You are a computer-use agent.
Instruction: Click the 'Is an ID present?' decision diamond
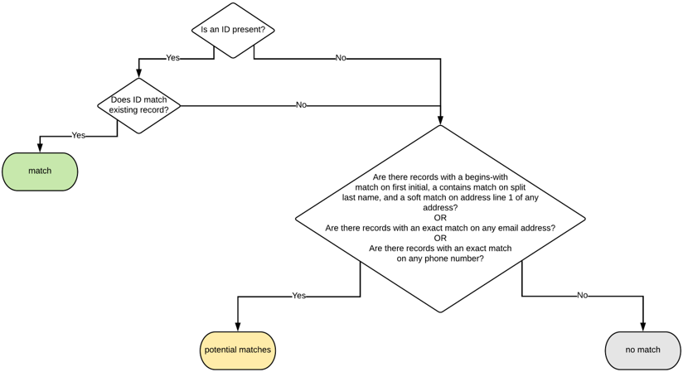[233, 31]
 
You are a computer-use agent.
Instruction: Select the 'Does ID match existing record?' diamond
[139, 105]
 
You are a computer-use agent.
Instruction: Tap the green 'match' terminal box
[40, 172]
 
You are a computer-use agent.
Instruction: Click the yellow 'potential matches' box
[238, 350]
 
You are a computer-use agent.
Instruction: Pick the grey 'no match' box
[642, 350]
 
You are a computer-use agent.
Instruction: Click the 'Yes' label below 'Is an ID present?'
[172, 58]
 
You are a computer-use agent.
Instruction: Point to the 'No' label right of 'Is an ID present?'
[341, 58]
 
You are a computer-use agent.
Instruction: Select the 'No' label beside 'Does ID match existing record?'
[301, 105]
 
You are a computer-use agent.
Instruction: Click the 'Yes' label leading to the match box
[78, 135]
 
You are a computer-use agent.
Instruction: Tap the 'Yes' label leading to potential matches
[298, 296]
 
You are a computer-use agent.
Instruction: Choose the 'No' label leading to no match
[582, 296]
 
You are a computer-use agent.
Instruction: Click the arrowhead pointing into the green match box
[40, 147]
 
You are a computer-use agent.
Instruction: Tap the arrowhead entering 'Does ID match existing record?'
[139, 73]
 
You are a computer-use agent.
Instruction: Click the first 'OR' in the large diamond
[440, 218]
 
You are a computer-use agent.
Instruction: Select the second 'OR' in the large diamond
[440, 238]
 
